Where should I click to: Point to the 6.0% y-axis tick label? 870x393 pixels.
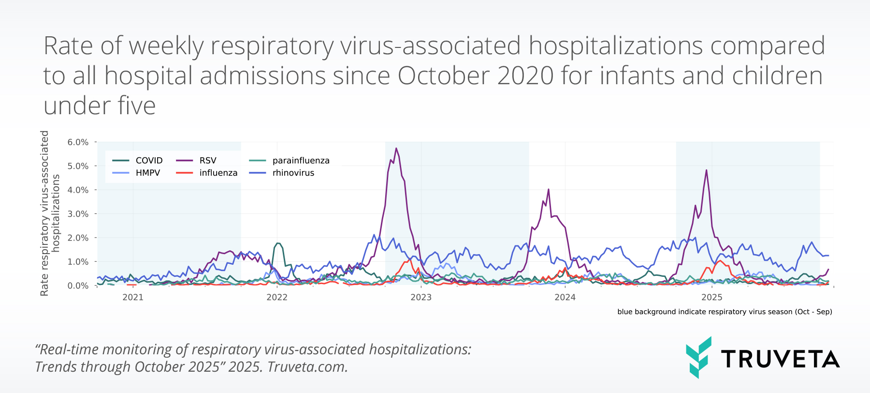coord(78,142)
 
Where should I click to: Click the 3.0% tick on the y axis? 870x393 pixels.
coord(78,214)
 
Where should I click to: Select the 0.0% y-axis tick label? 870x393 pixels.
coord(78,286)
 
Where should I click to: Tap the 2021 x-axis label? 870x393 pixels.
coord(133,297)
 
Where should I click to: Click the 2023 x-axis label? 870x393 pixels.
coord(421,297)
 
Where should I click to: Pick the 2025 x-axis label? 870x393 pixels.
coord(712,297)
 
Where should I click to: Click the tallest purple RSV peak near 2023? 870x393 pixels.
coord(396,149)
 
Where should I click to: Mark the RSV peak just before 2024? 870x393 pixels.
coord(548,190)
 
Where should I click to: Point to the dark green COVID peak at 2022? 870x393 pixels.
coord(278,243)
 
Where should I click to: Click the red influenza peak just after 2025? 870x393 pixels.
coord(720,261)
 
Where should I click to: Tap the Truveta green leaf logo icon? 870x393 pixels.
coord(698,357)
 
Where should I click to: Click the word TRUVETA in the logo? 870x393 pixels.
coord(780,359)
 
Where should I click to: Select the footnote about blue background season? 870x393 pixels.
coord(725,312)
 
